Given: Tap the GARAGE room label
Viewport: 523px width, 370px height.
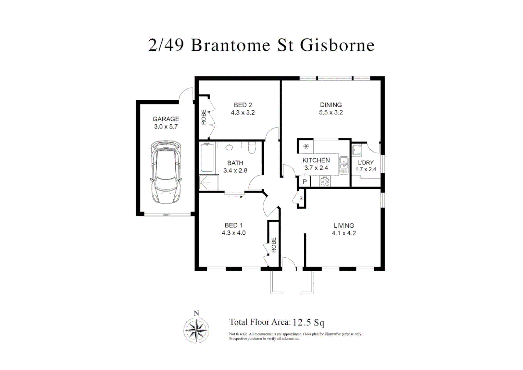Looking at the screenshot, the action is point(166,119).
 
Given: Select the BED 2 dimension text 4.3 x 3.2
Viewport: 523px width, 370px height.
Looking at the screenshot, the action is point(242,113).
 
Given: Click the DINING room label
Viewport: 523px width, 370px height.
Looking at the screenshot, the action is point(331,105).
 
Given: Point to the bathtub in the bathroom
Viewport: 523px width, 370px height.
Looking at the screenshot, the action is point(207,158).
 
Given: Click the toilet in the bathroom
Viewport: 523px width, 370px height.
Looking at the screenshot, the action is point(252,148).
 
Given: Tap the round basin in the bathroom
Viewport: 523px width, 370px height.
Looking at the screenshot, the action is point(229,147).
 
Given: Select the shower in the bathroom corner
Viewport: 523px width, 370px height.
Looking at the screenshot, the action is point(208,183).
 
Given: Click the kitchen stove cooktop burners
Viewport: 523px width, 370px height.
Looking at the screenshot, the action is point(325,182).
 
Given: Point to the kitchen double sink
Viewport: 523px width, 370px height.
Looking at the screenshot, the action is point(344,165).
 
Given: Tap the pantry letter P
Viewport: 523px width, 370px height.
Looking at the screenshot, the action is point(304,182).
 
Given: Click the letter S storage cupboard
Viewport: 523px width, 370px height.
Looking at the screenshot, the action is point(301,199).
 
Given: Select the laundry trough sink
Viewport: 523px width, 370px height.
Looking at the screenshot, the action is point(357,150).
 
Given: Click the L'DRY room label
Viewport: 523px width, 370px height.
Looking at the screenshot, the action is point(366,162).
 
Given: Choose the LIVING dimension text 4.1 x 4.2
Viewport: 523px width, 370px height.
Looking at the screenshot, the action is point(344,233).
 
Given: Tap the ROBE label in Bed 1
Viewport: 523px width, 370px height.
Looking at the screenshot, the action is point(274,245).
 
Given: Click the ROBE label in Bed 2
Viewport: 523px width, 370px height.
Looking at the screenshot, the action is point(204,117).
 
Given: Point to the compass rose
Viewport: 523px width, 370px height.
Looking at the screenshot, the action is point(196,330).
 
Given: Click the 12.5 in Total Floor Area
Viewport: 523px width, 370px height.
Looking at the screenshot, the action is point(302,322).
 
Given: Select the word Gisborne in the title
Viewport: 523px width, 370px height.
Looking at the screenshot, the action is point(337,45).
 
